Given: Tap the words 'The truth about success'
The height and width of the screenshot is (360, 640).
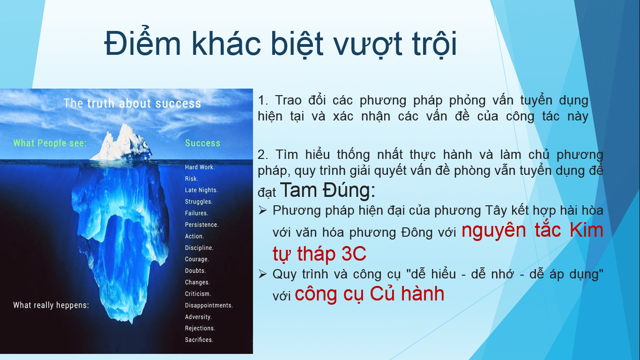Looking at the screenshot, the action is tap(132, 103).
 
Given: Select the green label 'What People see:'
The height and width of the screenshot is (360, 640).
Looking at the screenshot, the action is tap(50, 143).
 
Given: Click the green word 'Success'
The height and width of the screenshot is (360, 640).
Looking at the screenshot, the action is tap(202, 143).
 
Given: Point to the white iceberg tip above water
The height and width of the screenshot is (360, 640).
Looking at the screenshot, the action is tap(123, 143).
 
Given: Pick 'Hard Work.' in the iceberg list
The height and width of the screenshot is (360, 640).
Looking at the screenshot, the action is tap(200, 167).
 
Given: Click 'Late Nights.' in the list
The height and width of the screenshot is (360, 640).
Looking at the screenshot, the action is tap(201, 190).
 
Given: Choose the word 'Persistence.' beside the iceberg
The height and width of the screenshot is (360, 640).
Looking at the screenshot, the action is tap(202, 225).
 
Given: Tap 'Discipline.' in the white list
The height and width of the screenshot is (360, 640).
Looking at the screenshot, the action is tap(199, 247).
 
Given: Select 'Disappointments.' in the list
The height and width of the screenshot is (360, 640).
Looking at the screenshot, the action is tap(209, 305).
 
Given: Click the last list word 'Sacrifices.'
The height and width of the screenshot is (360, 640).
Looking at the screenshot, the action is tap(199, 340).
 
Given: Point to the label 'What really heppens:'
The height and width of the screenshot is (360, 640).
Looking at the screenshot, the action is tap(51, 305).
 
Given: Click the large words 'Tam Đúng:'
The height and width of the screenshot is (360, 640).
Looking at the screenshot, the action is tap(327, 190).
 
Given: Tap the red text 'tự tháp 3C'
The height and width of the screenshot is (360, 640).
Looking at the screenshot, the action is tap(320, 254).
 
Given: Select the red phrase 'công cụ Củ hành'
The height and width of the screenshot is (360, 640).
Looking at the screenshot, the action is tap(369, 293).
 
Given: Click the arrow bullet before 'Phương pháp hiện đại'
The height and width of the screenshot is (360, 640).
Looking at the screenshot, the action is tap(262, 210).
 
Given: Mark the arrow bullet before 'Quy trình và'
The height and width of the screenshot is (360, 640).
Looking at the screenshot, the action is tap(262, 274).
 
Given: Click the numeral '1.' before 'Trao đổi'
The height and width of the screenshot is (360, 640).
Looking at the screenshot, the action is tap(263, 100).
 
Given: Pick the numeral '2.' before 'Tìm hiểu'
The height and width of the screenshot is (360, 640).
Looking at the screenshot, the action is tap(263, 155).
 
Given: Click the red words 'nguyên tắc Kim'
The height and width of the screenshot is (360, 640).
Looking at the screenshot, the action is tap(532, 230).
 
